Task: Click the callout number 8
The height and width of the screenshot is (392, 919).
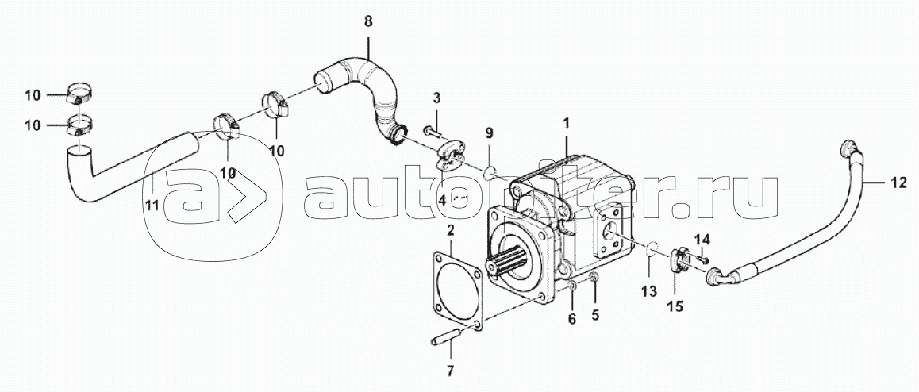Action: coord(367,21)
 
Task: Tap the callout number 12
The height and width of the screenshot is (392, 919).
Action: coord(898,183)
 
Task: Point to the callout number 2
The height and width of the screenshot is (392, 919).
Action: coord(450,231)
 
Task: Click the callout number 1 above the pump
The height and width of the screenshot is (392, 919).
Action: coord(566,124)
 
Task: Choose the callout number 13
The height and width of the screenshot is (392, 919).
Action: coord(649,291)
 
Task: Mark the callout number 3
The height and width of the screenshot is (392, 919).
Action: coord(436,98)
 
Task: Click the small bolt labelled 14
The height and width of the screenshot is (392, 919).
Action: coord(702,256)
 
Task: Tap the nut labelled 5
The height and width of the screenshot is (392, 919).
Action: coord(594,277)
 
